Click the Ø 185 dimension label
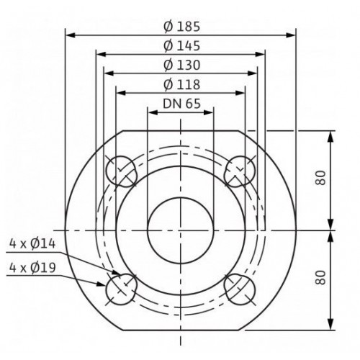181,27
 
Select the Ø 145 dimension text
181,46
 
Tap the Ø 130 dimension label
181,66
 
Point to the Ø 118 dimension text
181,85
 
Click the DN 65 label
181,104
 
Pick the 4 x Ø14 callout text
32,244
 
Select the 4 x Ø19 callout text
32,268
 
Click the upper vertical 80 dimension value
320,178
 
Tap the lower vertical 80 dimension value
320,278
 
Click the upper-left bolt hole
121,171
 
